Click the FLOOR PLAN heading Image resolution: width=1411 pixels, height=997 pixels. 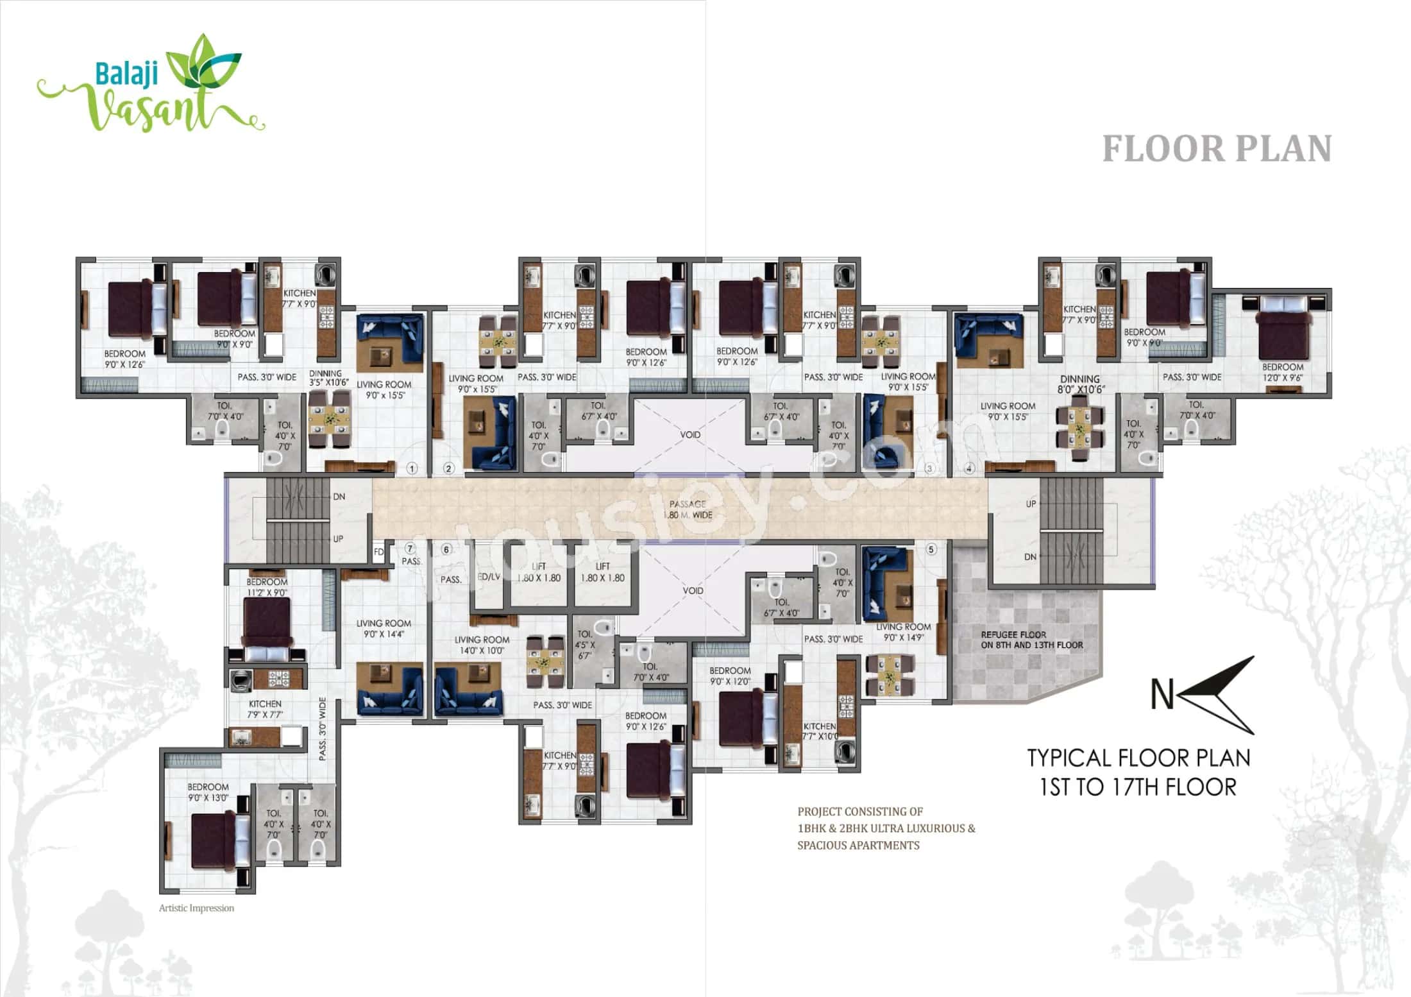click(1217, 149)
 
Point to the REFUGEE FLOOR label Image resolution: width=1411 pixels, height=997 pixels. click(1031, 640)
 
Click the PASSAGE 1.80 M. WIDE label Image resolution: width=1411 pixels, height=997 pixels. click(688, 509)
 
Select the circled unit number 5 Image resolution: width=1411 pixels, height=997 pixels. click(932, 549)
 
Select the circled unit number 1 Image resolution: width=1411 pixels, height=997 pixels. click(412, 468)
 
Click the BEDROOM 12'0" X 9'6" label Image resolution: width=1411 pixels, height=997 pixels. click(1283, 372)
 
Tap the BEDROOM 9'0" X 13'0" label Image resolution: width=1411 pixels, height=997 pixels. click(208, 792)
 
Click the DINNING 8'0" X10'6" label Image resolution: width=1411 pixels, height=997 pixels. click(1080, 384)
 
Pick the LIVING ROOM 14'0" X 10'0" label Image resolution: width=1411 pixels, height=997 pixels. click(482, 645)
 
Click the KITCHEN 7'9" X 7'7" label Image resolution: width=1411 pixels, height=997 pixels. click(265, 709)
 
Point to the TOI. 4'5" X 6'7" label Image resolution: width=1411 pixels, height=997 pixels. click(584, 645)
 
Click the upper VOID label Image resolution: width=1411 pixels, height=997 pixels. click(690, 435)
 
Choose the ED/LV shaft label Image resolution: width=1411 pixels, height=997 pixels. click(489, 577)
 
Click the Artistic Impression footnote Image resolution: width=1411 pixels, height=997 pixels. click(196, 908)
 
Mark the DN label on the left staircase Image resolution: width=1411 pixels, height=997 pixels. click(339, 497)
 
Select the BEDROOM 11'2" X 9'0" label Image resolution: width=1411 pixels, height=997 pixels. click(267, 587)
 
